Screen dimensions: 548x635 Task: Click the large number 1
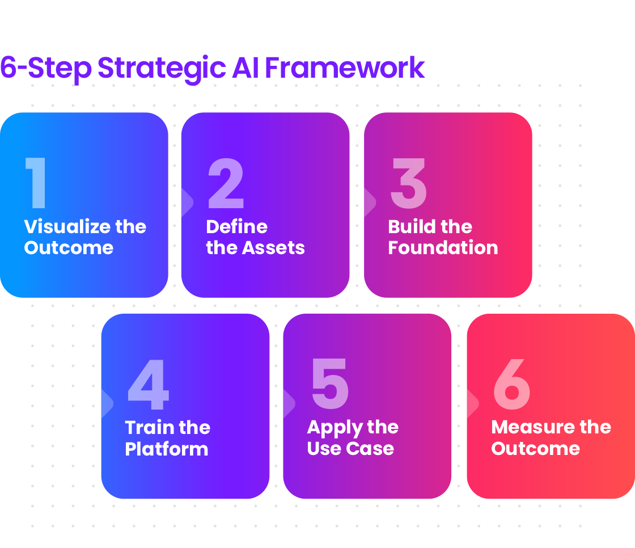tap(37, 183)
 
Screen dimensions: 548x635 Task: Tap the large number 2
tap(226, 183)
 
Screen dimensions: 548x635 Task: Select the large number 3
tap(408, 183)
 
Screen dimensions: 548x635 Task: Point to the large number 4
tap(149, 384)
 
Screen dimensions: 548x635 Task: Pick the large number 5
tap(330, 384)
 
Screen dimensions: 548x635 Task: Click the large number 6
tap(512, 384)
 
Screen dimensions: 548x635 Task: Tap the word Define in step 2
tap(237, 227)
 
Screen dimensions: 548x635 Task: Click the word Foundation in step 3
tap(443, 248)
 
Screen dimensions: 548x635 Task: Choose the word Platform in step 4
tap(167, 449)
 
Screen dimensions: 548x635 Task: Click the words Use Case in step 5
tap(350, 449)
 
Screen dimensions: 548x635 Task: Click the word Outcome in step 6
tap(536, 449)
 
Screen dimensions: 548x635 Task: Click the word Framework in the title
tap(345, 68)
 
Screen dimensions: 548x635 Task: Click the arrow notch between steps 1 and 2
tap(187, 203)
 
